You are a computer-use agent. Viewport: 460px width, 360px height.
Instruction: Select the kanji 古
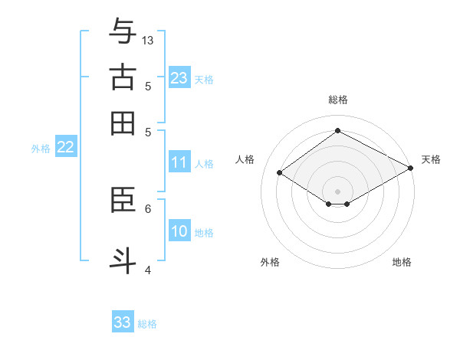click(123, 78)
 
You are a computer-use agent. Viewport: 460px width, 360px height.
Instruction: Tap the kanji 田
click(123, 123)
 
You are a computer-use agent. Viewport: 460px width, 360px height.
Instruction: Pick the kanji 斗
click(123, 260)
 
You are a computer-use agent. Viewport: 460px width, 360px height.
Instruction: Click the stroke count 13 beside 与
click(148, 40)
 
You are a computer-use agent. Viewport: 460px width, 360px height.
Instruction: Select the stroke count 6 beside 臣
click(148, 208)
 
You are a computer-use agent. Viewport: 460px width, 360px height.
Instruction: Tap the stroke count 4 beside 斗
click(148, 269)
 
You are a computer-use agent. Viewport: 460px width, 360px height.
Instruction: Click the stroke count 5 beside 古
click(148, 86)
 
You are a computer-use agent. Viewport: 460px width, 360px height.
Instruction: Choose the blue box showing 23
click(179, 77)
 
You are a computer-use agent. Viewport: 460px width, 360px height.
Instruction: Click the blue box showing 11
click(179, 162)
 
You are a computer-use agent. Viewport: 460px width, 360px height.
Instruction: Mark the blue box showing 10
click(179, 231)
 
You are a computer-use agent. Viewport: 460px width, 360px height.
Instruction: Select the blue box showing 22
click(65, 147)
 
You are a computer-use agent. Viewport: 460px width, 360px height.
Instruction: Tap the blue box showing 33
click(123, 322)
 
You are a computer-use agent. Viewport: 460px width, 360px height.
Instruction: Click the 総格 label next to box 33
click(147, 324)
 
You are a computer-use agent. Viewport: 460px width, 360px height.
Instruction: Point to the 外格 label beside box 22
click(41, 149)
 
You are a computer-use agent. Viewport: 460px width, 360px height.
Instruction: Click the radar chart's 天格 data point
click(411, 169)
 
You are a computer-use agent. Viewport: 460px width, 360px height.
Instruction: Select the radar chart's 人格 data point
click(280, 173)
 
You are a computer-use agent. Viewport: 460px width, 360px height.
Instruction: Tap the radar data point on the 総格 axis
click(337, 131)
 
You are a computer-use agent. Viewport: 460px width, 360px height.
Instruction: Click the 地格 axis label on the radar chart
click(402, 262)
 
